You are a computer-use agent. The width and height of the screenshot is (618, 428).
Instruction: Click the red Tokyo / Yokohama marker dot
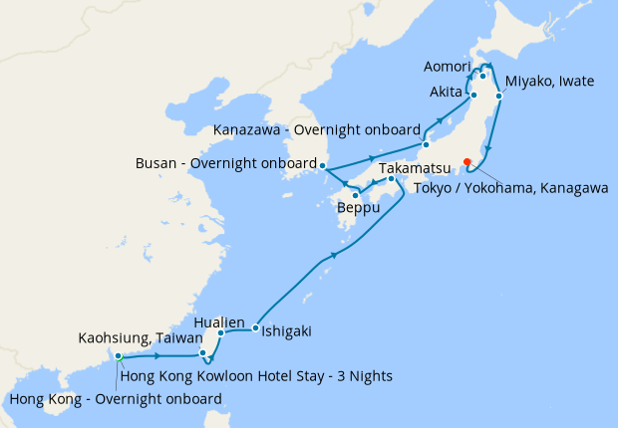tap(466, 162)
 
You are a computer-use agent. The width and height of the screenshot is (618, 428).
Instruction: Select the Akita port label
tap(448, 93)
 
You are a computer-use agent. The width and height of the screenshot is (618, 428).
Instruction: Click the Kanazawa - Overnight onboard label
tap(316, 129)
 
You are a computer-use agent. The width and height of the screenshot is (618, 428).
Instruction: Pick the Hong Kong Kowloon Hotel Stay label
tap(255, 375)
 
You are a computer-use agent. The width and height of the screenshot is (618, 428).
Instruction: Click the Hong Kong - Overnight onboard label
tap(116, 399)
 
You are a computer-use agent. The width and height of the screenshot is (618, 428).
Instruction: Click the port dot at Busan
tap(323, 164)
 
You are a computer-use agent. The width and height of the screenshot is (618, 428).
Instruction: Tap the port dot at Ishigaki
tap(256, 327)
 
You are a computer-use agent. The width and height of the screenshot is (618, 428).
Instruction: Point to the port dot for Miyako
tap(497, 97)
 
